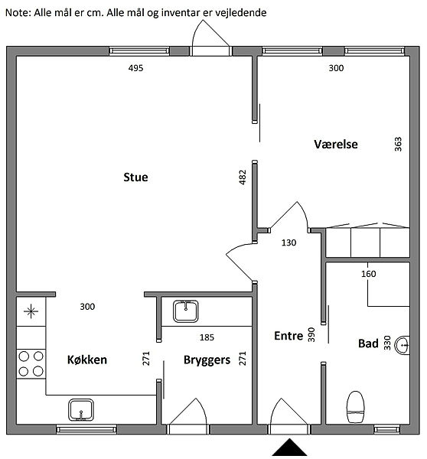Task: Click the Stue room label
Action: point(135,177)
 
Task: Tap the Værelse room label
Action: point(336,145)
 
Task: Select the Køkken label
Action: point(87,360)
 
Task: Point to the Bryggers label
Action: point(207,360)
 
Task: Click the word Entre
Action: point(288,336)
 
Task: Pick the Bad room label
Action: point(368,343)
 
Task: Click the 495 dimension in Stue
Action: point(136,68)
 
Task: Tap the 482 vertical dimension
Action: point(243,177)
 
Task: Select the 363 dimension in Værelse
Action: point(398,145)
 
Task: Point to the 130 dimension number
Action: point(288,243)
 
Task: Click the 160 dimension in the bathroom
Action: point(368,274)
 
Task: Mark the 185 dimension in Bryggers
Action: point(207,337)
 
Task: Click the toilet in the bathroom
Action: point(356,407)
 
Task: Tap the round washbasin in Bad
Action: point(402,346)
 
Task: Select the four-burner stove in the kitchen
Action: point(31,364)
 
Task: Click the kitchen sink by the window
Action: point(81,410)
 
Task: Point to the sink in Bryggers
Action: point(186,311)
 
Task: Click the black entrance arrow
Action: point(289,447)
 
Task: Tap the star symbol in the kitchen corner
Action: point(31,311)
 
